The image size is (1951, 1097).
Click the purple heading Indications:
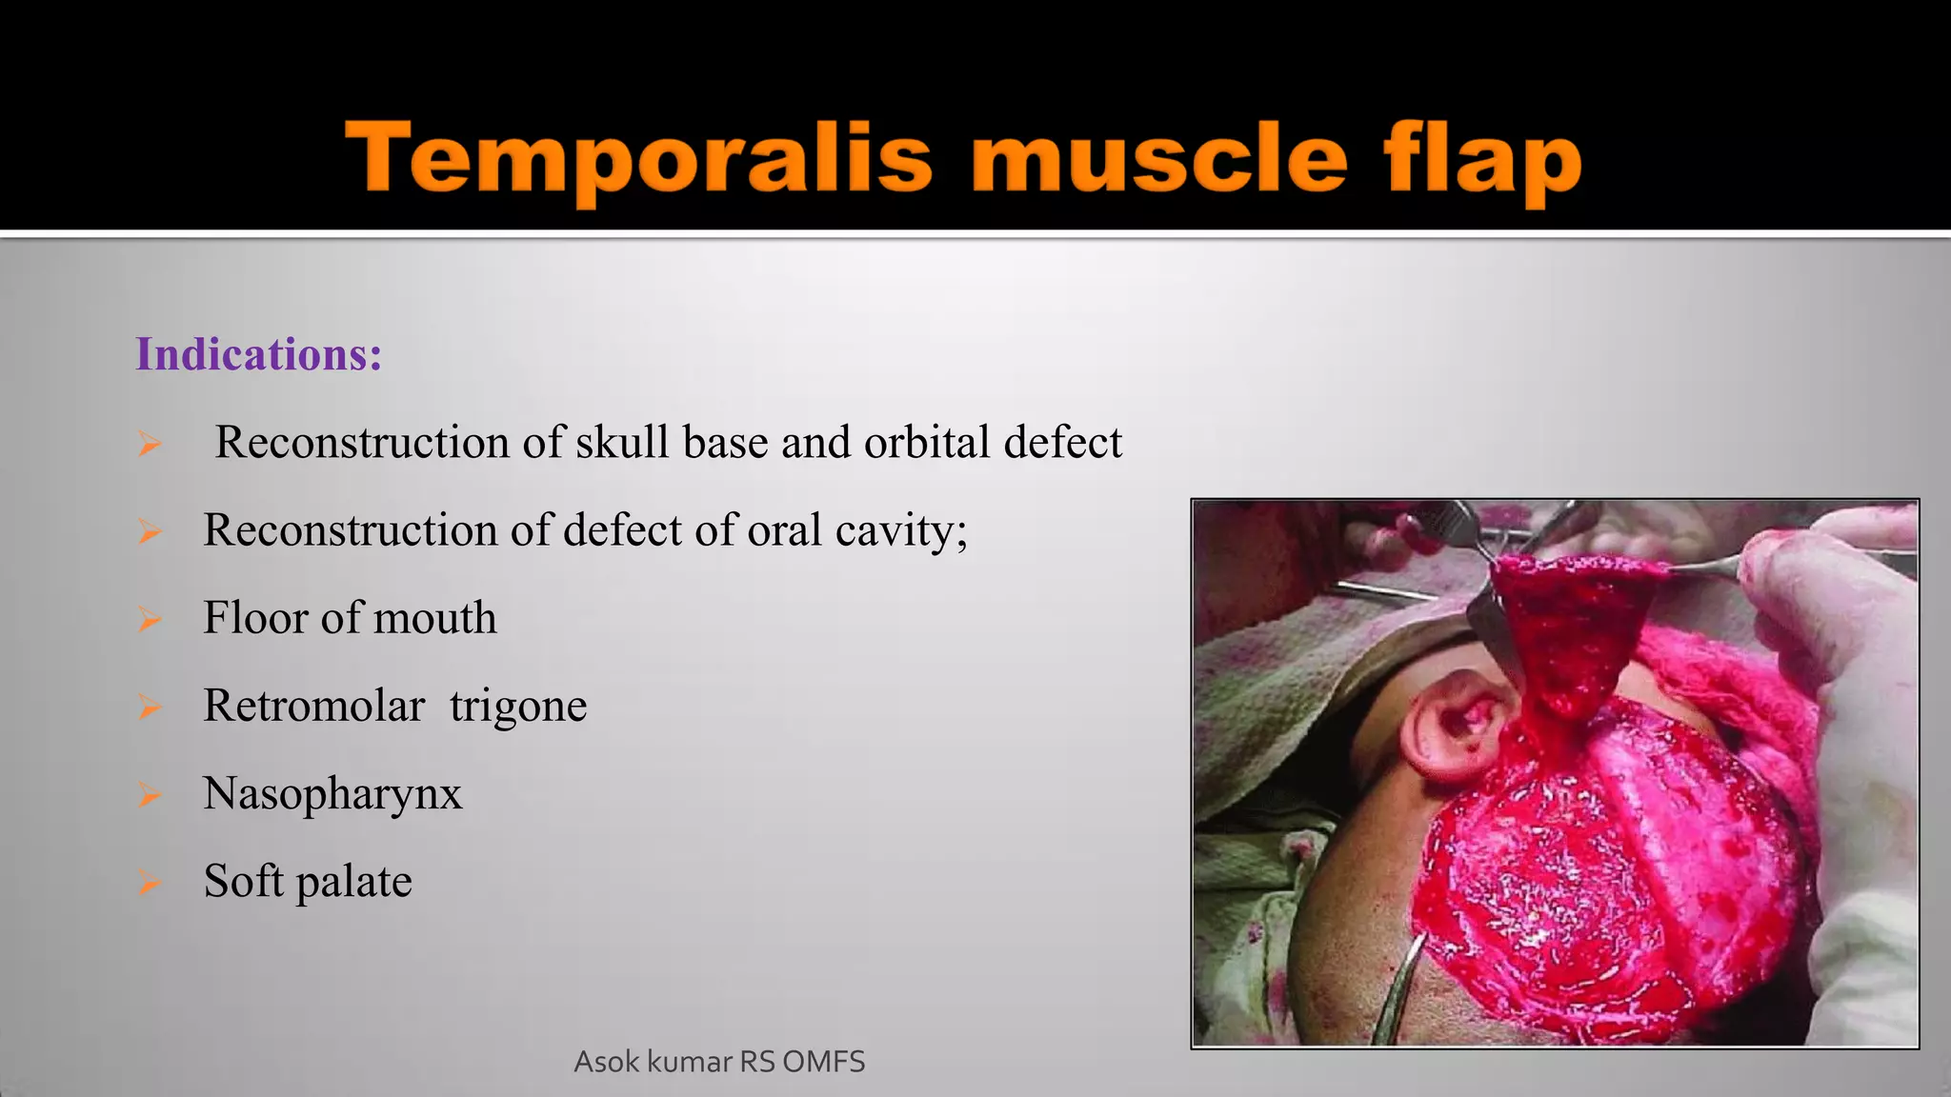pyautogui.click(x=258, y=354)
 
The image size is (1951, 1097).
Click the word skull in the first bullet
pyautogui.click(x=623, y=442)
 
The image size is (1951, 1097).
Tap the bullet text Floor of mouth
pyautogui.click(x=350, y=618)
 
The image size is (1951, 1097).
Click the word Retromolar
pyautogui.click(x=313, y=706)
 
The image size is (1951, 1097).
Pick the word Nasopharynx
pyautogui.click(x=332, y=794)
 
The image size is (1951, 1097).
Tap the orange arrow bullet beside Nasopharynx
pyautogui.click(x=150, y=794)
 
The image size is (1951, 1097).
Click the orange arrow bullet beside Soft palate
pyautogui.click(x=150, y=882)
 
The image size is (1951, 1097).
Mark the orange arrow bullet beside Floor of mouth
pyautogui.click(x=150, y=619)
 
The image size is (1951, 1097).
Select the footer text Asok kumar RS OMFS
pyautogui.click(x=719, y=1062)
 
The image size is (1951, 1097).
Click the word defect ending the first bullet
pyautogui.click(x=1063, y=442)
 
